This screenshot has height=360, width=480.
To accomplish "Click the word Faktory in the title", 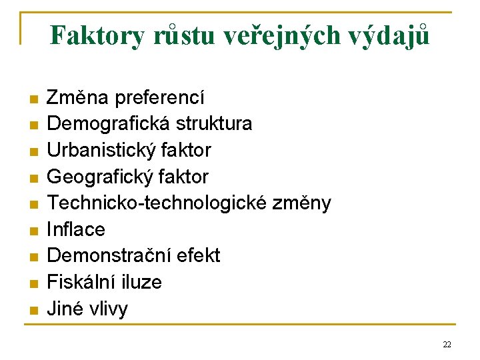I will coord(96,35).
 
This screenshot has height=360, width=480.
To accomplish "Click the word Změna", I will coord(78,97).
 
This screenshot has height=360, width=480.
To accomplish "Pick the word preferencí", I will coord(160,97).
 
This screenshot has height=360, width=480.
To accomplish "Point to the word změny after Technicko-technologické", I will coord(304,203).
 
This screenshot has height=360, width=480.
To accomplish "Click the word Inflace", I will coord(76,229).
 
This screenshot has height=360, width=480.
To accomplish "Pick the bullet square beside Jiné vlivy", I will coord(31,310).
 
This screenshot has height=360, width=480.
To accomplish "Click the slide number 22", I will coord(447,344).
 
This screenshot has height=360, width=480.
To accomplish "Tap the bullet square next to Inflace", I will coord(31,231).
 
